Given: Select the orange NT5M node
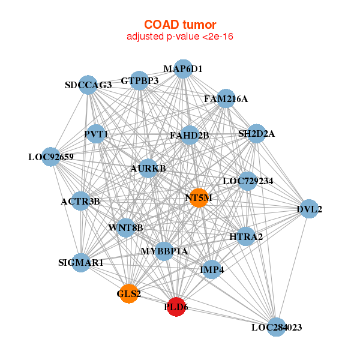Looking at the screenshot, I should [x=199, y=197].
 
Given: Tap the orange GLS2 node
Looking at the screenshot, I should [x=129, y=293].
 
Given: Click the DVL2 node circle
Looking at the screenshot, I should [x=309, y=209].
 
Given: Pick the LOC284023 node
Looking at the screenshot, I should [x=276, y=327].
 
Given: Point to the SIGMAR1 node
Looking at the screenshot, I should [x=81, y=262].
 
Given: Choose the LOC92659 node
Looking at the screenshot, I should [x=51, y=157].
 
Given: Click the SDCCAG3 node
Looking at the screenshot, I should [x=88, y=85].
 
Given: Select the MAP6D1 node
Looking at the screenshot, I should [x=183, y=69].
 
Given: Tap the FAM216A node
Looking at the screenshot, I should [x=226, y=99].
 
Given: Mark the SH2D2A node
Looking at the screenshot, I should [x=256, y=134].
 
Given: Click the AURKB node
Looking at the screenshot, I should [x=148, y=169].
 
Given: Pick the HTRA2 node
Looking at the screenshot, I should [x=246, y=237].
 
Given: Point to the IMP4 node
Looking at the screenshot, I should [x=212, y=270].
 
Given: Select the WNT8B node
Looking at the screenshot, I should [x=126, y=227].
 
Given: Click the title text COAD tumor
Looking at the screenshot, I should [x=180, y=25].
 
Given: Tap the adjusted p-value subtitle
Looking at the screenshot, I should [x=180, y=37].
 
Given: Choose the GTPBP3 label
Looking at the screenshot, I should [x=140, y=80].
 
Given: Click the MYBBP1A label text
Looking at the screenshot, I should [x=164, y=251].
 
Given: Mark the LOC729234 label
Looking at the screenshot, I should [x=248, y=181].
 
